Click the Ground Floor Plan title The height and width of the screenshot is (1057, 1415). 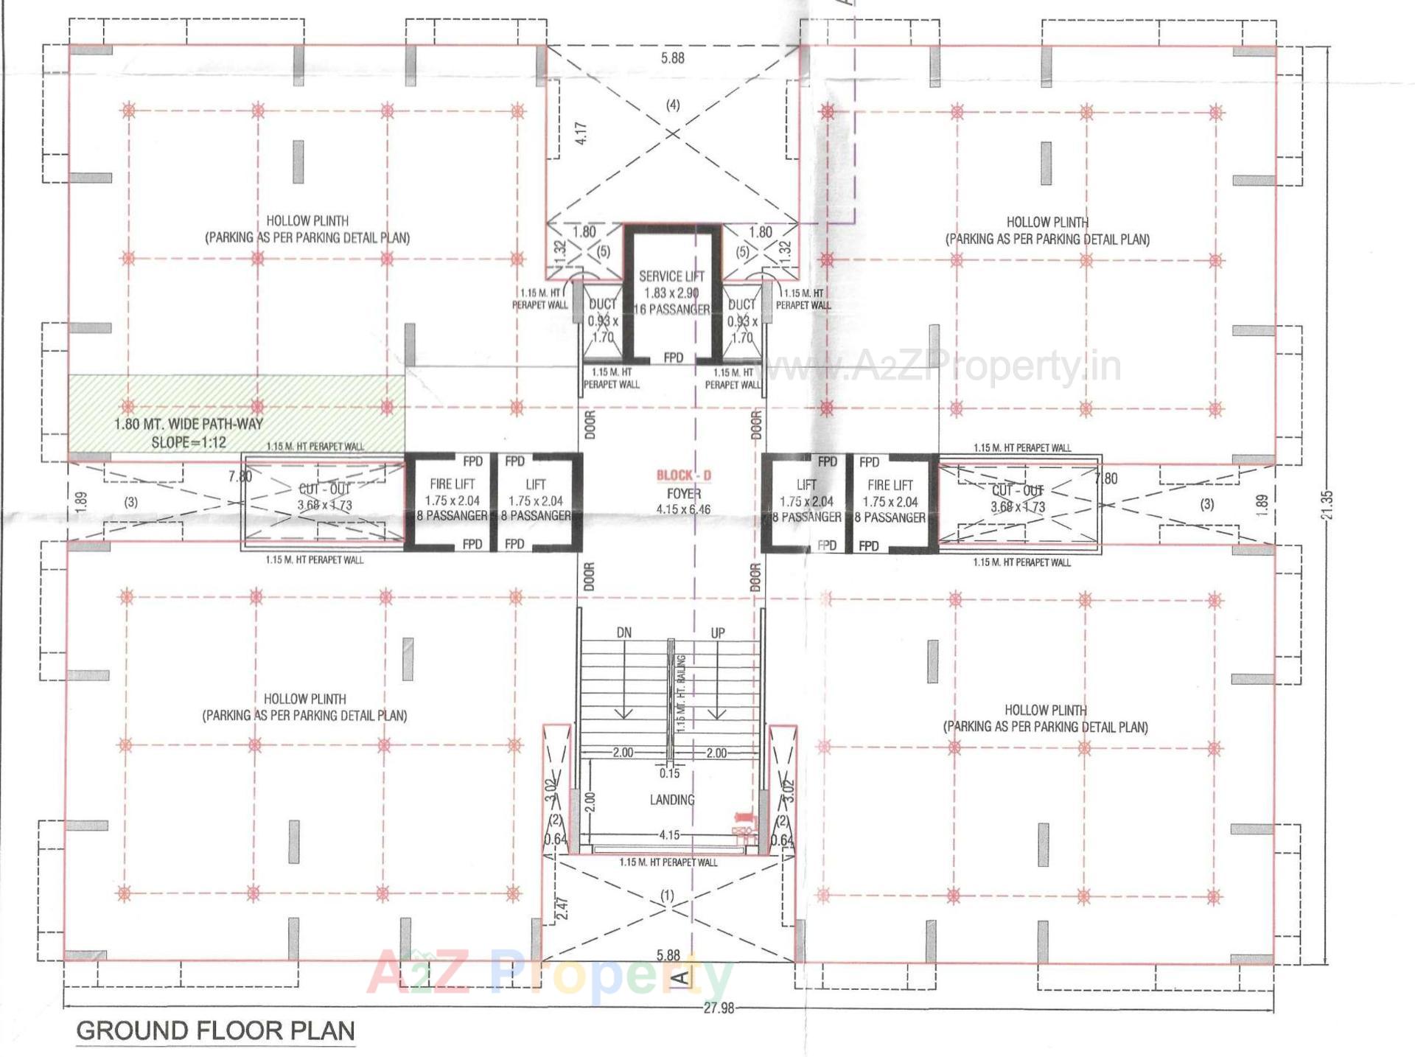coord(215,1030)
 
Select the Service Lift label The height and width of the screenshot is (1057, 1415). coord(671,276)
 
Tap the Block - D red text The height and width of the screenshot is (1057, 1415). coord(683,475)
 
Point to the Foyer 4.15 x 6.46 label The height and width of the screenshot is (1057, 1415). coord(683,501)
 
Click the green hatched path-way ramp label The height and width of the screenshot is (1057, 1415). coord(189,433)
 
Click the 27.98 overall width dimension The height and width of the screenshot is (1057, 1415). coord(718,1008)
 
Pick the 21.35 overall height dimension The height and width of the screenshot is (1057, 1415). coord(1327,506)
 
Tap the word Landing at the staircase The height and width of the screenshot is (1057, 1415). coord(671,800)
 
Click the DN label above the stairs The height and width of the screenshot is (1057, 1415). coord(623,632)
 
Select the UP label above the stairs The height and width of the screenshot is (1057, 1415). coord(717,632)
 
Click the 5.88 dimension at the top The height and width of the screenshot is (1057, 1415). coord(672,58)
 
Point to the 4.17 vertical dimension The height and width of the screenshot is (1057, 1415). coord(581,133)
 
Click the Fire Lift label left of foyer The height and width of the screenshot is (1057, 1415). coord(452,484)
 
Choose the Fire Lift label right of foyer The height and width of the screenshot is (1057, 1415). coord(890,485)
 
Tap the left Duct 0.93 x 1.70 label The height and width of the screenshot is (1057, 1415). coord(602,320)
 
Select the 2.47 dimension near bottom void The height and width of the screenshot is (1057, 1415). coord(562,907)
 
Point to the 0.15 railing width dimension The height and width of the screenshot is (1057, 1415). coord(669,773)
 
